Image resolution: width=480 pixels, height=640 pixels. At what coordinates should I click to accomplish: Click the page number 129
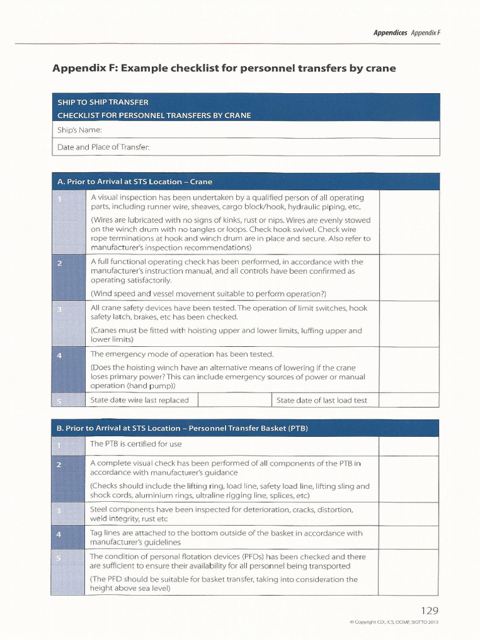429,611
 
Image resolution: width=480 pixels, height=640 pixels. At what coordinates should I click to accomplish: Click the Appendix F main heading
224,68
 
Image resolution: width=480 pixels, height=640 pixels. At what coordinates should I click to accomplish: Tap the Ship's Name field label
79,130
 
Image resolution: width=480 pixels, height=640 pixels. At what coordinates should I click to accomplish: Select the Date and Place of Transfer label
103,147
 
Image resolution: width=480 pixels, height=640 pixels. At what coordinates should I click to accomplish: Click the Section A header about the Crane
134,181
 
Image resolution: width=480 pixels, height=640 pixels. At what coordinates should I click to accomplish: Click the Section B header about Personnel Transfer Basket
182,428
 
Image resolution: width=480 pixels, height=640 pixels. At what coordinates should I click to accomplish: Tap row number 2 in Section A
59,264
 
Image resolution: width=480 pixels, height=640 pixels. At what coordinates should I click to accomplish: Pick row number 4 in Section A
59,356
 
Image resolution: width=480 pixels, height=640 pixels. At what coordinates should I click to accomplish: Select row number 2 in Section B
59,464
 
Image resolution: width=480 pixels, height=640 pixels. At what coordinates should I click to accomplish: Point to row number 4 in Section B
59,534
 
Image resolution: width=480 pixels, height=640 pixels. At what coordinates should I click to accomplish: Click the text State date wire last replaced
139,400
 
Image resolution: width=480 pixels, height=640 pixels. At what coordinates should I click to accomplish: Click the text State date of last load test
322,400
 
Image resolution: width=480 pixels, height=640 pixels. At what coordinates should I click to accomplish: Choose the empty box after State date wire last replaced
234,400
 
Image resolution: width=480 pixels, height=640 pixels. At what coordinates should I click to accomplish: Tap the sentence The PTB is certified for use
136,444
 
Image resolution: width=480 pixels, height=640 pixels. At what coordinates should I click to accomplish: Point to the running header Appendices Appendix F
407,32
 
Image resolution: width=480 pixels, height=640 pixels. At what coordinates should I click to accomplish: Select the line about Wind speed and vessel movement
208,294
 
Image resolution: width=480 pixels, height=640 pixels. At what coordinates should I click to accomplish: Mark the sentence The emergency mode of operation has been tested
182,354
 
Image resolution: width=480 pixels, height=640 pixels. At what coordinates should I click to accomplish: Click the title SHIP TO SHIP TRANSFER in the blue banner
102,102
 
